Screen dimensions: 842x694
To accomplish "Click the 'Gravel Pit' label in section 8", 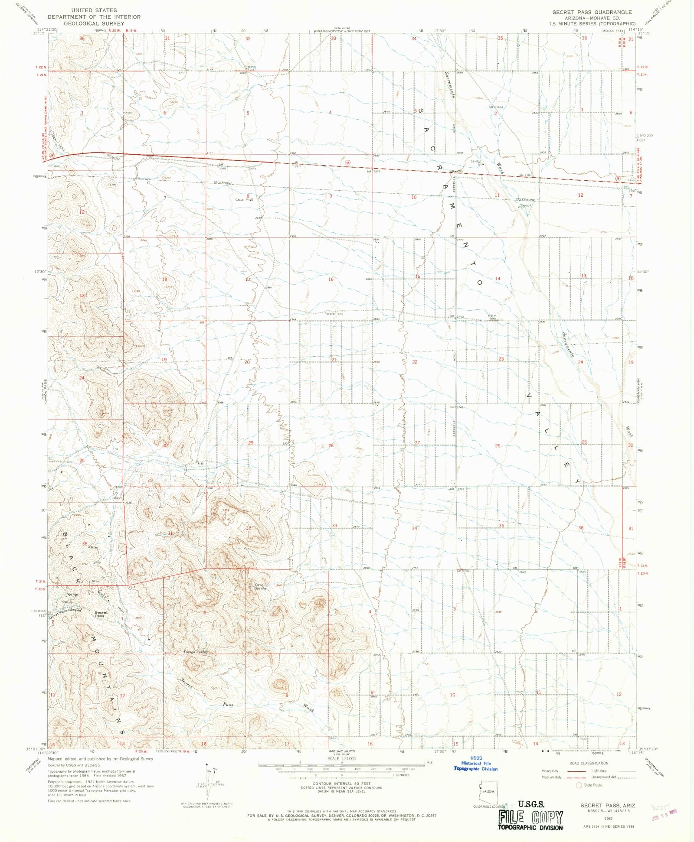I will pos(243,200).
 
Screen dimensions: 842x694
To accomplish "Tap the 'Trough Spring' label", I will pos(195,652).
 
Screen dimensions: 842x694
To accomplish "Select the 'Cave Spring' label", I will pos(260,586).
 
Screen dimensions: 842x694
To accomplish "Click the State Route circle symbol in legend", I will pos(578,785).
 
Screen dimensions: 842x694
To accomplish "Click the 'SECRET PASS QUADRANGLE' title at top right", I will pos(592,12).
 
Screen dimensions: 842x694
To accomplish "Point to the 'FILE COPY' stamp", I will pos(530,817).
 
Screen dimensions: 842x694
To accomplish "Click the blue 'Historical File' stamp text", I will pos(476,763).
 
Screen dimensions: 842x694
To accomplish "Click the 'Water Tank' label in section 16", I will pos(334,313).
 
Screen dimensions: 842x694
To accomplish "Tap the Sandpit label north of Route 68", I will pos(476,161).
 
